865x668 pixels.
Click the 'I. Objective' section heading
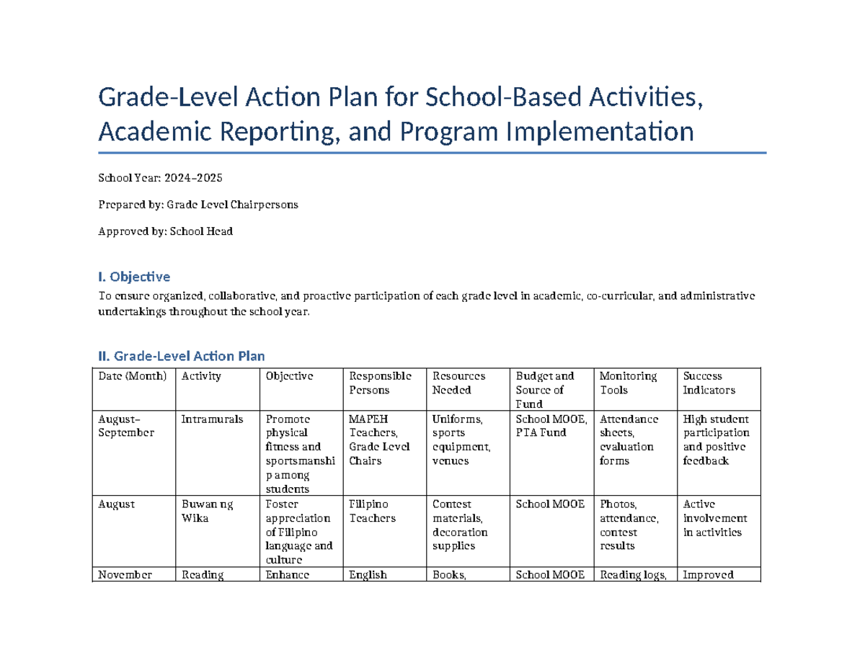(x=134, y=277)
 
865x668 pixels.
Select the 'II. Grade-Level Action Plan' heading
(x=181, y=356)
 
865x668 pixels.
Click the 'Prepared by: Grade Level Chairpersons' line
(x=198, y=205)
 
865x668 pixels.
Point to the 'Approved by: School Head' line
(x=165, y=231)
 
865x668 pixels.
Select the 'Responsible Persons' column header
(x=380, y=383)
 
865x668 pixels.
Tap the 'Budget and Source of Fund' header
(x=545, y=390)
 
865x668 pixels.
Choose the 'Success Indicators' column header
(x=709, y=383)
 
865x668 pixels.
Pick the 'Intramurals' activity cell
(x=212, y=419)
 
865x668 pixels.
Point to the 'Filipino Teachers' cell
(x=371, y=511)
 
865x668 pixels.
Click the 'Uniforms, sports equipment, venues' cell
(x=461, y=440)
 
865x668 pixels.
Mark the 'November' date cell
(x=125, y=575)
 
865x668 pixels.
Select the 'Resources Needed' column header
(x=458, y=383)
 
